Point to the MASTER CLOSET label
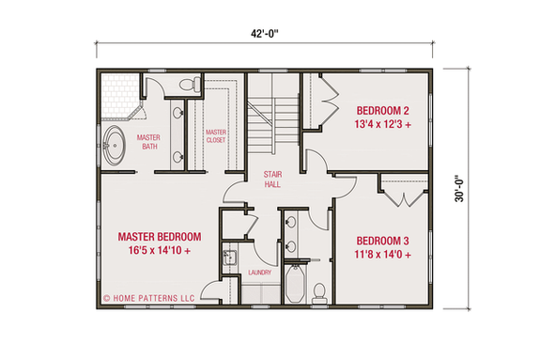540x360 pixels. click(217, 137)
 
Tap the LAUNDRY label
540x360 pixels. click(260, 274)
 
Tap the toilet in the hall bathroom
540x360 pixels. click(319, 290)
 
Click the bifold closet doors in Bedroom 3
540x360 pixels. click(402, 197)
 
